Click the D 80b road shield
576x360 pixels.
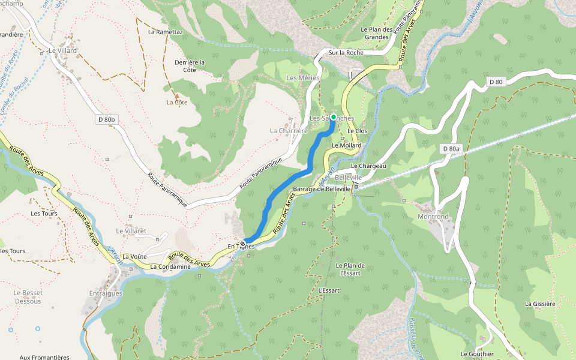[x=106, y=119]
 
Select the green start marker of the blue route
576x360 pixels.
[x=333, y=117]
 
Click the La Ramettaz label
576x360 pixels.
[x=165, y=32]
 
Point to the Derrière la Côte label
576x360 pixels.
[x=190, y=66]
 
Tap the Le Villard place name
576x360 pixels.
[x=64, y=51]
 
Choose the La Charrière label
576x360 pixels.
[x=289, y=130]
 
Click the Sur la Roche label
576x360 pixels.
[x=346, y=53]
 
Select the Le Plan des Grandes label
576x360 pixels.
[x=377, y=33]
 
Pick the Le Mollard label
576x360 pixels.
[x=347, y=146]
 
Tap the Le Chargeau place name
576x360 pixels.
[x=368, y=166]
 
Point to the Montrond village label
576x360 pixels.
[x=433, y=217]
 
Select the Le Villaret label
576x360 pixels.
[x=131, y=231]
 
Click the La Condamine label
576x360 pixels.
[x=170, y=267]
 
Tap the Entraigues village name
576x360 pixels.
[x=106, y=293]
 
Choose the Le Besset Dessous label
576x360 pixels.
[x=28, y=297]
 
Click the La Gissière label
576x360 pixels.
[x=540, y=304]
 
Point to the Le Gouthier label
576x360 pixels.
[x=477, y=354]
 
